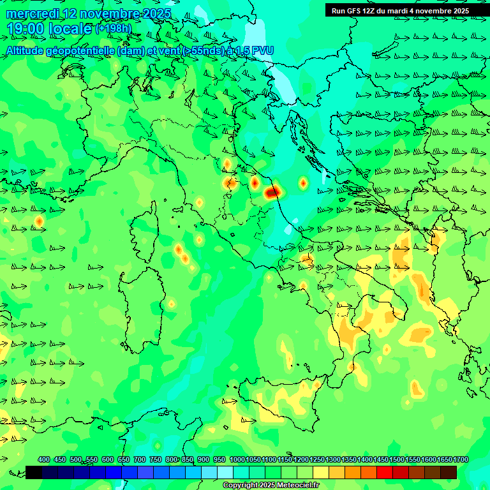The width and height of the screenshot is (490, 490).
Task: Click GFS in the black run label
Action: click(357, 11)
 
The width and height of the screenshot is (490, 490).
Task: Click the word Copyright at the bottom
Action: click(240, 486)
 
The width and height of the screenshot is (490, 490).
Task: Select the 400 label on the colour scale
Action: click(44, 459)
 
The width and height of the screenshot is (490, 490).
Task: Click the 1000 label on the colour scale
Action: click(237, 459)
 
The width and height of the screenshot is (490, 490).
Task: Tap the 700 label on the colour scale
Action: click(140, 459)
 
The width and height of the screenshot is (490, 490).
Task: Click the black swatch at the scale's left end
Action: click(34, 472)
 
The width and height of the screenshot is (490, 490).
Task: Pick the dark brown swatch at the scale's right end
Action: click(449, 472)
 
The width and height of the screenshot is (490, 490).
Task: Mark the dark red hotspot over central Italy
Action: click(272, 191)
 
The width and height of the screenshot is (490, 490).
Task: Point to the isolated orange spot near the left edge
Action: click(39, 221)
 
